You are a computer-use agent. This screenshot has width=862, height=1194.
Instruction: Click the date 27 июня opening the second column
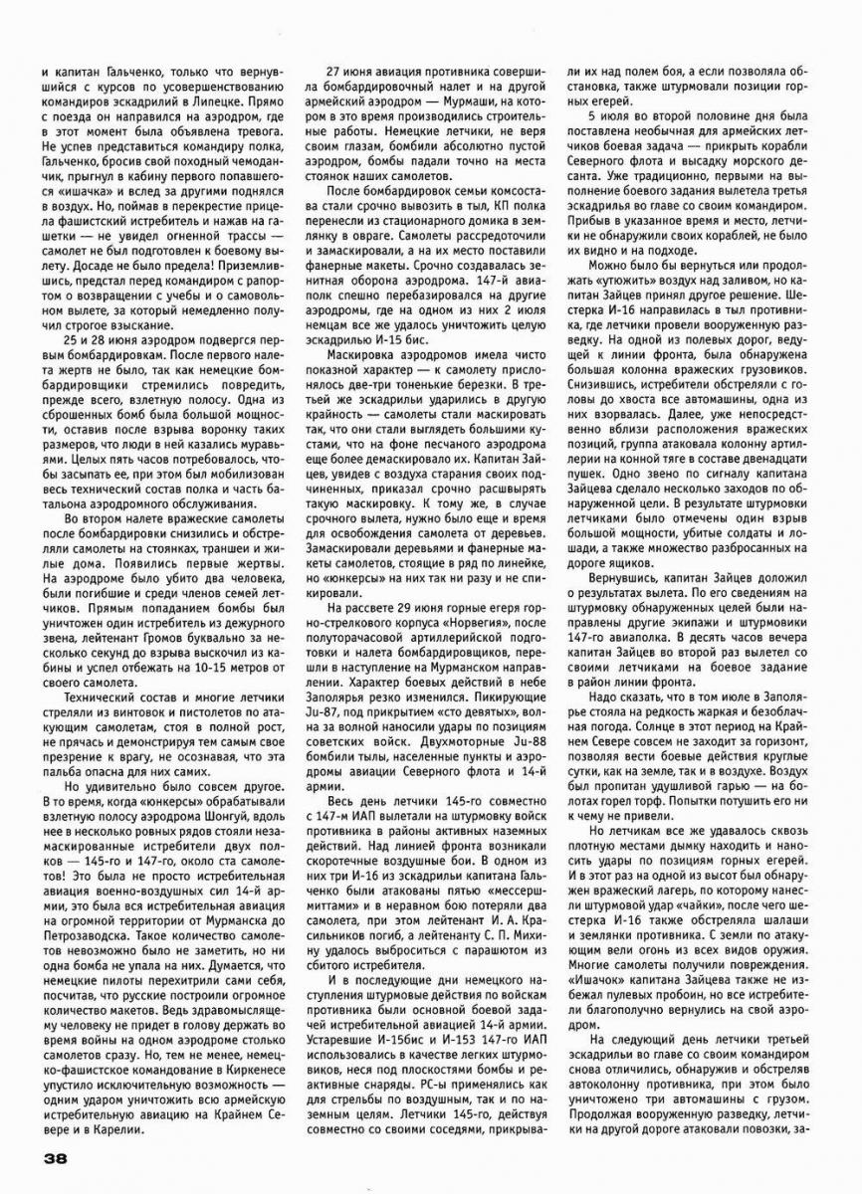tap(354, 73)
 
